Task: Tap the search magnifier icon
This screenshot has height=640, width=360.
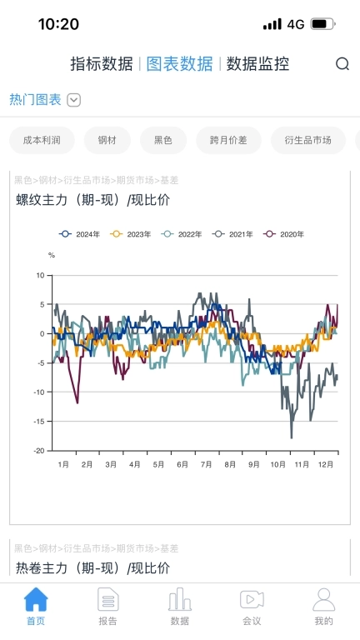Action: (x=342, y=64)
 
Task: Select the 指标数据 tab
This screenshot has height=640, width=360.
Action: (x=101, y=64)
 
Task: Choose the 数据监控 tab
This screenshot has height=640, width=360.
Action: (x=258, y=64)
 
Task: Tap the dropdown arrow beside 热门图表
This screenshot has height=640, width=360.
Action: (x=74, y=100)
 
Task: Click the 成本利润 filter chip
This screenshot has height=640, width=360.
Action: (x=42, y=140)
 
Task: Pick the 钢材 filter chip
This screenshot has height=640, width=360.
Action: (x=107, y=140)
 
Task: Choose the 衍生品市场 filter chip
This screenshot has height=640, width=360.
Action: (x=307, y=140)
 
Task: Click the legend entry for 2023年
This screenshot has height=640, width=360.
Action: (x=132, y=234)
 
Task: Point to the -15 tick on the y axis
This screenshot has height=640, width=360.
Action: (x=39, y=422)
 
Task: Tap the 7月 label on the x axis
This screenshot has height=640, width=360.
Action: (x=207, y=464)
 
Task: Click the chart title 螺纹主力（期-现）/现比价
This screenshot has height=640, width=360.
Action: (x=92, y=199)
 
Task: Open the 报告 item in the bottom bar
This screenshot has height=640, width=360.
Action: (x=108, y=607)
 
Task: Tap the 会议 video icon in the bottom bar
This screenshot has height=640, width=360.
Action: (x=252, y=600)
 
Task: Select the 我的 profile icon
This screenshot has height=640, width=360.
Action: (x=324, y=600)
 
